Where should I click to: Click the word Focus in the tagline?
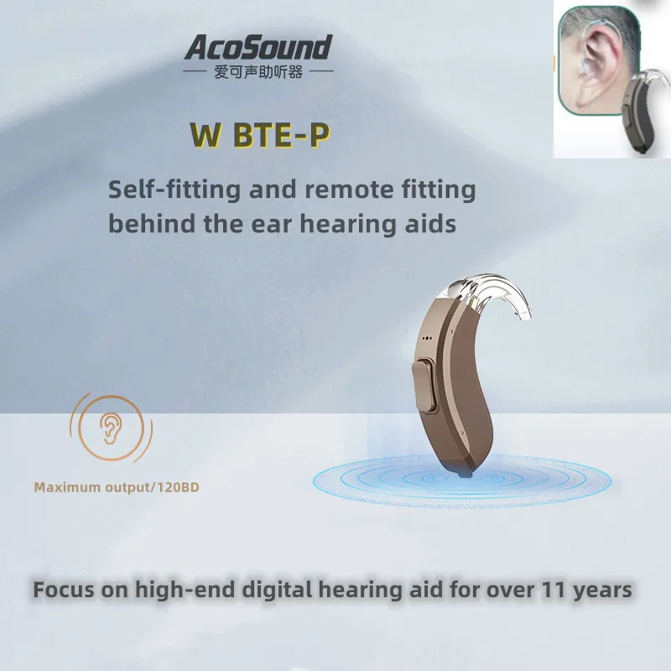click(65, 590)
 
